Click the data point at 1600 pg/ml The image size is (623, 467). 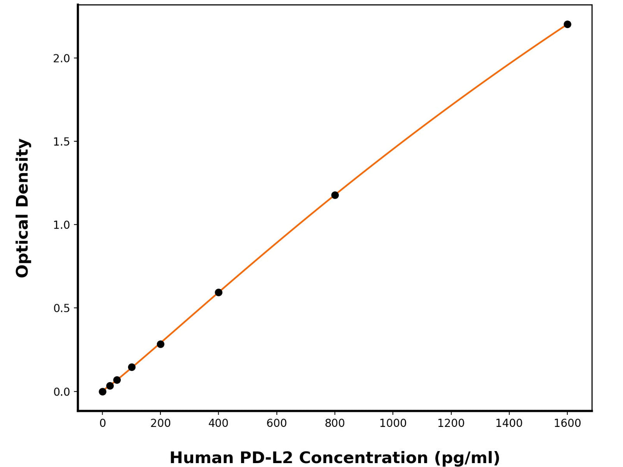pyautogui.click(x=567, y=24)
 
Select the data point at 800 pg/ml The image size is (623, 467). pyautogui.click(x=335, y=195)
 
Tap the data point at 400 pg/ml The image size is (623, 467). pyautogui.click(x=219, y=293)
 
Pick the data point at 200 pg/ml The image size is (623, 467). pyautogui.click(x=160, y=344)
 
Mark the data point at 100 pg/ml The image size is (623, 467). pyautogui.click(x=131, y=367)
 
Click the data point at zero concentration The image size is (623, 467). pyautogui.click(x=103, y=392)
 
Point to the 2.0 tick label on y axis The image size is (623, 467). pyautogui.click(x=62, y=59)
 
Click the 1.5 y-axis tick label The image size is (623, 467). pyautogui.click(x=62, y=142)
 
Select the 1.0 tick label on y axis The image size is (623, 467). pyautogui.click(x=62, y=225)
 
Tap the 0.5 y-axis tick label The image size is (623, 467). pyautogui.click(x=62, y=308)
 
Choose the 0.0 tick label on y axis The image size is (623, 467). pyautogui.click(x=62, y=392)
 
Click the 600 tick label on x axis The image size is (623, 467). pyautogui.click(x=276, y=423)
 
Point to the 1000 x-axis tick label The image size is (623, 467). pyautogui.click(x=393, y=423)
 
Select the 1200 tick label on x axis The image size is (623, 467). pyautogui.click(x=451, y=423)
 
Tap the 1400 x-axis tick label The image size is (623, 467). pyautogui.click(x=509, y=423)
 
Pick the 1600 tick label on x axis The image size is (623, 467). pyautogui.click(x=567, y=423)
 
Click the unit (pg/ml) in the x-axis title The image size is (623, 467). pyautogui.click(x=466, y=458)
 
